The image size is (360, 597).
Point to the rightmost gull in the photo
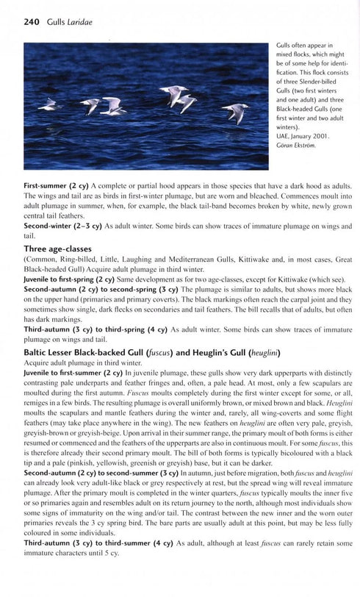pos(237,111)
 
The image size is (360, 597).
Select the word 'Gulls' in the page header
pos(55,23)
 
